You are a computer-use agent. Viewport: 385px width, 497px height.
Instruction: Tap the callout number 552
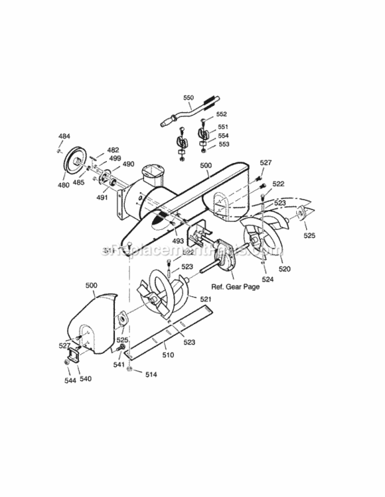pyautogui.click(x=222, y=114)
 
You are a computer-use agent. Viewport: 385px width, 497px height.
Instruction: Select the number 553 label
pyautogui.click(x=223, y=144)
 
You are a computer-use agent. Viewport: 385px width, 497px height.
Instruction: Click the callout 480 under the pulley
pyautogui.click(x=63, y=185)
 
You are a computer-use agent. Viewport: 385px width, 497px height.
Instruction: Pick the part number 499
pyautogui.click(x=115, y=158)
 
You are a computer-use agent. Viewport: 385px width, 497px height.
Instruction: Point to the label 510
pyautogui.click(x=168, y=355)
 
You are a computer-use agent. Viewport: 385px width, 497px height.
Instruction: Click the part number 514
pyautogui.click(x=152, y=375)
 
